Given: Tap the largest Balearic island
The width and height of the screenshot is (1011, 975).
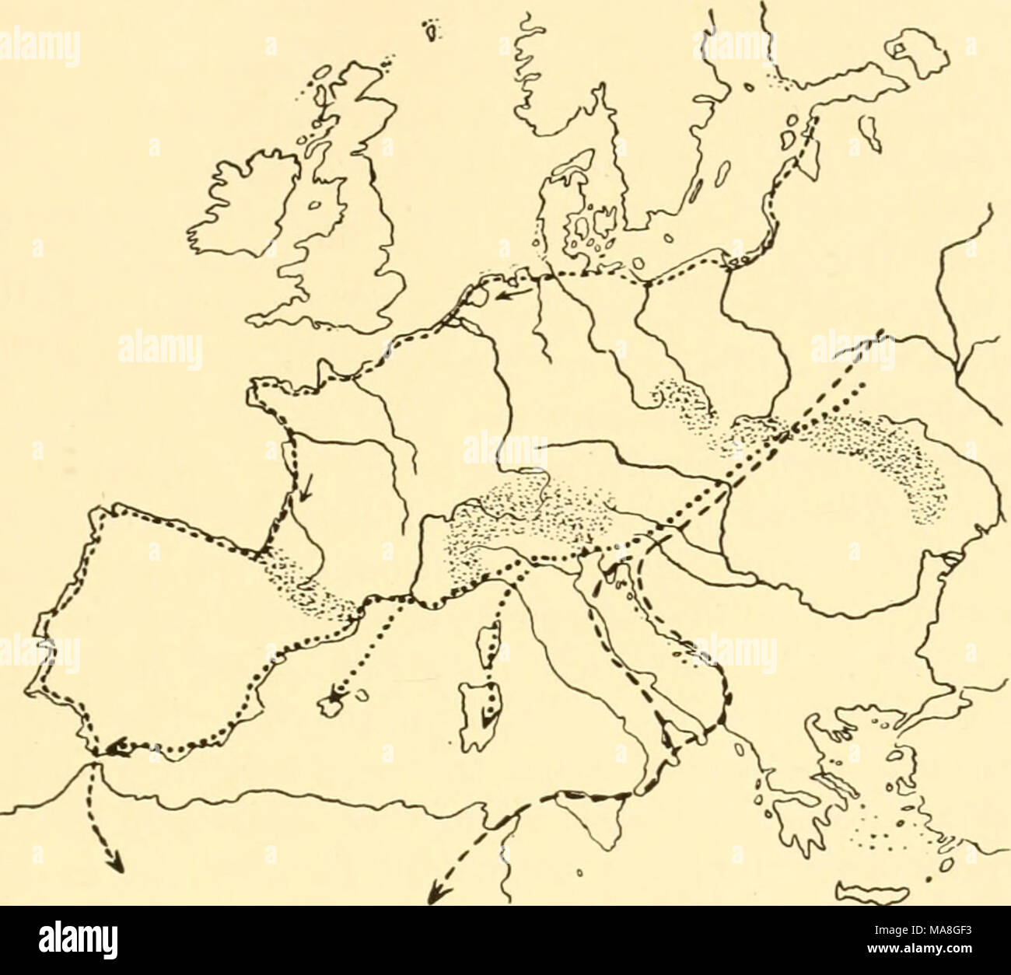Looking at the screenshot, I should [334, 704].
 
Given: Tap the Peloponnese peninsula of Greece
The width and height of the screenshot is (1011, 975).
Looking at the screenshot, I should [793, 828].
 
